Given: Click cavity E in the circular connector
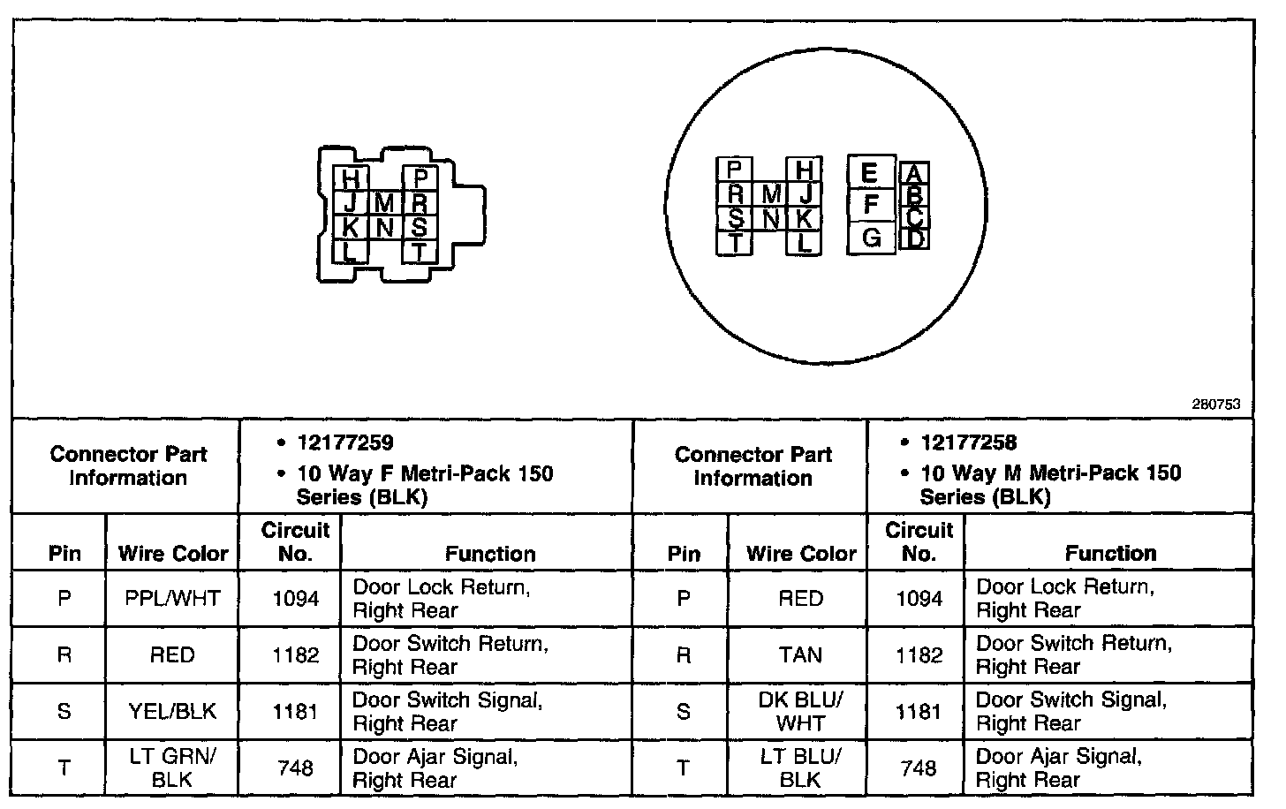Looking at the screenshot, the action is click(870, 173).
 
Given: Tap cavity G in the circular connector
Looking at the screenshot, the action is click(872, 238).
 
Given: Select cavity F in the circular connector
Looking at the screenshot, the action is click(872, 205).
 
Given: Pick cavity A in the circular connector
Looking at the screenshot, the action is click(915, 174).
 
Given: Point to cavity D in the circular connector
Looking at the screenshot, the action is click(915, 238).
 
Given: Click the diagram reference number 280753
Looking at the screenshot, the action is click(1216, 404).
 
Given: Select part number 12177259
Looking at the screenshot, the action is click(345, 442).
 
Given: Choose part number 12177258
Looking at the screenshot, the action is click(968, 442).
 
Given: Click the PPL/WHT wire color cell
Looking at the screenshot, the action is click(172, 599).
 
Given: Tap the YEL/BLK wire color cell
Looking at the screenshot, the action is click(172, 711).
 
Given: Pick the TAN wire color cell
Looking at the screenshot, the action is click(800, 654).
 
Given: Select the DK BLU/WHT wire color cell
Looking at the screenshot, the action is click(800, 711).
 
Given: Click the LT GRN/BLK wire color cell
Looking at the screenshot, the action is click(172, 767).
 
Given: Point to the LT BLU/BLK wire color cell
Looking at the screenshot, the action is click(800, 767).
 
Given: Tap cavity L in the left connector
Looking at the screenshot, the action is click(351, 252).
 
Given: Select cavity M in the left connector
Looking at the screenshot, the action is click(384, 203).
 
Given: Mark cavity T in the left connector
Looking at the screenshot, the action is click(420, 252).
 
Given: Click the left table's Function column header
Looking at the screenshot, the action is click(490, 554).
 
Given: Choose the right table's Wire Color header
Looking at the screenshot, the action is click(800, 554).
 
